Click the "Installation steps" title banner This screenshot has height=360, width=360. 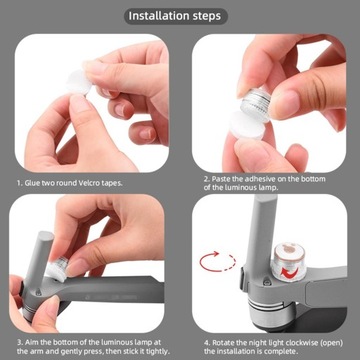176,16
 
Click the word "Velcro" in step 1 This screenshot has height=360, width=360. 92,183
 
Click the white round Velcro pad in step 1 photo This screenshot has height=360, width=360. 79,82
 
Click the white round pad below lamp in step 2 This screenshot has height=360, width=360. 247,125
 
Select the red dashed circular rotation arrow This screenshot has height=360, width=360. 218,262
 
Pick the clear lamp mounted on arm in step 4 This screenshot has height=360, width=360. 288,262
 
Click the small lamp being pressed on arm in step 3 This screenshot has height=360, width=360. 57,268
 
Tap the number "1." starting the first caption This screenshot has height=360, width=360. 20,183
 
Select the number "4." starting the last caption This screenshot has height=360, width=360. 207,343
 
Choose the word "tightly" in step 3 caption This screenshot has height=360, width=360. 159,351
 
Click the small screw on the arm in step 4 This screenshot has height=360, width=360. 266,283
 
